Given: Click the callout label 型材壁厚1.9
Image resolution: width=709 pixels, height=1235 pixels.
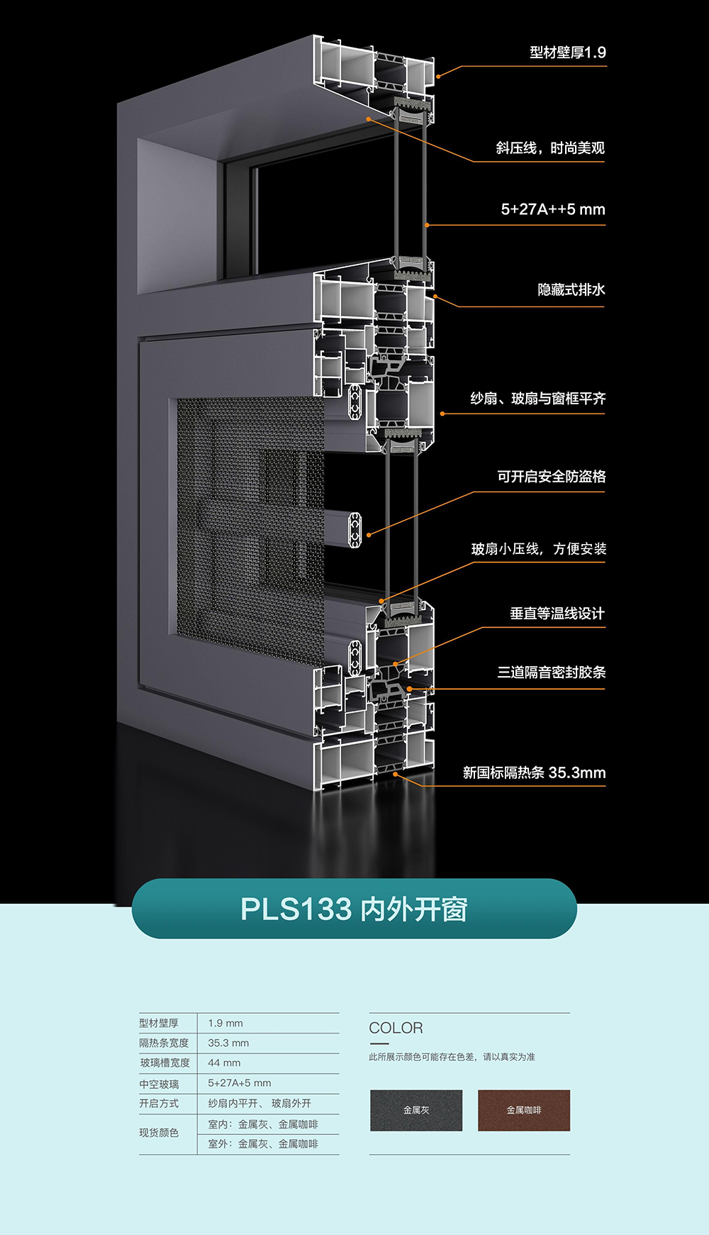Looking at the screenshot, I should tap(567, 52).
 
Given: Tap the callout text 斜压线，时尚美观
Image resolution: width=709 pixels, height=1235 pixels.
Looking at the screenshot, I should tap(549, 148).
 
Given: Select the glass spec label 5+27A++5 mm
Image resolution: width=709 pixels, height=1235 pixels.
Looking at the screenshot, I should tap(553, 209).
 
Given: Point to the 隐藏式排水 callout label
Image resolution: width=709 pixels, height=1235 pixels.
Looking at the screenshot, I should tap(571, 289).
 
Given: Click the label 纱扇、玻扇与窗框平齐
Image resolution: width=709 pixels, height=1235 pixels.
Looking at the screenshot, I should tap(538, 399).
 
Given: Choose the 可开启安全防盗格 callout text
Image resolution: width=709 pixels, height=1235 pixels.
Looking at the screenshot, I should tap(551, 477).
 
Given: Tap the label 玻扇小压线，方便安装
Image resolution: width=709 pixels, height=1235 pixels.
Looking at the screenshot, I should tap(539, 549).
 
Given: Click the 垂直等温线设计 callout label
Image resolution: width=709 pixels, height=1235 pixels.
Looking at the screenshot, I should tap(557, 614).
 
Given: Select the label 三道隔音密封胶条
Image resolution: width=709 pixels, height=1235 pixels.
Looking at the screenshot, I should tap(551, 672).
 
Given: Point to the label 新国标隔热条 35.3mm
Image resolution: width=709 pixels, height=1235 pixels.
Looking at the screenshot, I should tap(534, 772).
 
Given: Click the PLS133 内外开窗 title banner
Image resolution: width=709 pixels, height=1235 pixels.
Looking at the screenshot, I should tap(354, 909).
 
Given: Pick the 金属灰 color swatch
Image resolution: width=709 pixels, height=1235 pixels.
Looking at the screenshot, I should tap(416, 1110).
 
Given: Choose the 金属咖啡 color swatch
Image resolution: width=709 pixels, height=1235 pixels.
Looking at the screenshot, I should tap(524, 1110).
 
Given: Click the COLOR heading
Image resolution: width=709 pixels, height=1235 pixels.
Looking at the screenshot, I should tap(396, 1028).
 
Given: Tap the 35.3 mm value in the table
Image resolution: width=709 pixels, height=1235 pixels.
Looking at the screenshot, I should tap(228, 1043).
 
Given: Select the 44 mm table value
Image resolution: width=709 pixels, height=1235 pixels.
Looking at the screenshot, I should tap(224, 1063).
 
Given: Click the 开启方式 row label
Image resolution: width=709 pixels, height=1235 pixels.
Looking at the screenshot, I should tap(159, 1103).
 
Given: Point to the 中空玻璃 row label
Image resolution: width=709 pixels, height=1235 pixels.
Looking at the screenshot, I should tap(159, 1084).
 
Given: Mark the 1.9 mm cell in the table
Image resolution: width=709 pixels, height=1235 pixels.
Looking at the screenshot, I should tap(225, 1023).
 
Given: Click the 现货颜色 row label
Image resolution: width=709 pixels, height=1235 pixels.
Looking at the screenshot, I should tap(159, 1133).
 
